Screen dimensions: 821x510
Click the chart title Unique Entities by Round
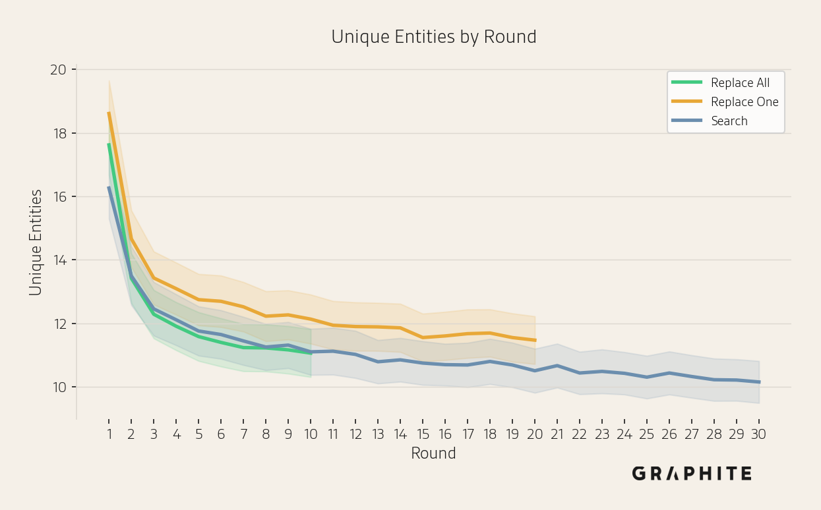[x=434, y=37]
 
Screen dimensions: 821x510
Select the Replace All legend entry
[x=720, y=83]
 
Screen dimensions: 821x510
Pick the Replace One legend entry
[x=725, y=101]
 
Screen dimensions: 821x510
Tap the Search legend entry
[x=709, y=121]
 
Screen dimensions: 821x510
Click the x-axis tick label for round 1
[x=109, y=434]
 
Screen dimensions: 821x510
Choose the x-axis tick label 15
[x=423, y=434]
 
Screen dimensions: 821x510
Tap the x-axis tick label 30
[x=759, y=434]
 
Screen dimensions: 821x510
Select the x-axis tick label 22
[x=580, y=434]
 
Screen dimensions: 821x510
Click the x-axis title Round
[x=434, y=453]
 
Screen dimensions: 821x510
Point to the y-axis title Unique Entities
[x=36, y=242]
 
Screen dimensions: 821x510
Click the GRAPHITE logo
[x=692, y=473]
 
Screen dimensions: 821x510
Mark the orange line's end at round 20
[x=535, y=340]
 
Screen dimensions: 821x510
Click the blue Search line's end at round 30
[x=760, y=382]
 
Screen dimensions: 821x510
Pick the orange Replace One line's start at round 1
[x=109, y=113]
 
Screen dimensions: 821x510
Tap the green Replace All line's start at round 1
[x=109, y=144]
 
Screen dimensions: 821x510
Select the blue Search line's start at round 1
[x=109, y=187]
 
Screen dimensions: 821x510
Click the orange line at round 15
[x=423, y=337]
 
